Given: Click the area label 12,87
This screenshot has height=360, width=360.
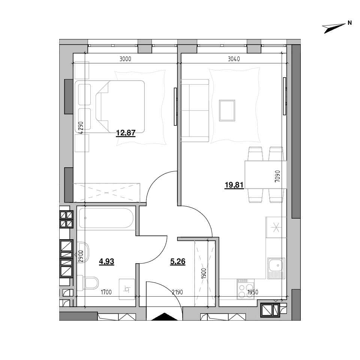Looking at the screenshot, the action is pos(126,133).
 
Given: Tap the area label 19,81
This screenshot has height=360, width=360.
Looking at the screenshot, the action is pos(234,185).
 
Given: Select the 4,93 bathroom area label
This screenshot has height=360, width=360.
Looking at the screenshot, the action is pos(106,261).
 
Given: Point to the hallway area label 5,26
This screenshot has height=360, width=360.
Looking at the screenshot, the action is pos(178,261).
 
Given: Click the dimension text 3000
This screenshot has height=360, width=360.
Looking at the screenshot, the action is pos(125,59).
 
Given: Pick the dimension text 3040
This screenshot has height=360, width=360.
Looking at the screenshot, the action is pos(234,59).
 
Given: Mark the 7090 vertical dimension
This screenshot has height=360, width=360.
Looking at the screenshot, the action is pos(277,176).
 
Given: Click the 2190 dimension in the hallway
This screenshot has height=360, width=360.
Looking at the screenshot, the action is pos(177,292).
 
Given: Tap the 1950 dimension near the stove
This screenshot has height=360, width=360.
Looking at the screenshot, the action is pos(253,292).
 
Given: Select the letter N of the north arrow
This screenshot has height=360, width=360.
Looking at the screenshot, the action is pos(349,23).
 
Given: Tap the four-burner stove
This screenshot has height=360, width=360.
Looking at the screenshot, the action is pos(246,289).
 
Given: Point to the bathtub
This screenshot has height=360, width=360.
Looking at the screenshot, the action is pos(106,218).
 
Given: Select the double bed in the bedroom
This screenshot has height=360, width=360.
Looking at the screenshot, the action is pos(110,106).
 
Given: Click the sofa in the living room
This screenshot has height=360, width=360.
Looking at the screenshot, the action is pos(195,110).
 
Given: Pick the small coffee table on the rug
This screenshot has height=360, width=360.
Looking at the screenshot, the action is pos(227,110).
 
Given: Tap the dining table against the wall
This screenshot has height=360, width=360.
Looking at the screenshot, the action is pos(265,175).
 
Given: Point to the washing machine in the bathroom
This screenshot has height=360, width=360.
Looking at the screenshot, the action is pos(127,289).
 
